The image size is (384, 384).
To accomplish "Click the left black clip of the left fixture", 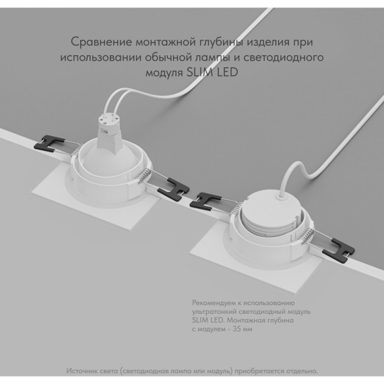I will [x=46, y=141].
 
